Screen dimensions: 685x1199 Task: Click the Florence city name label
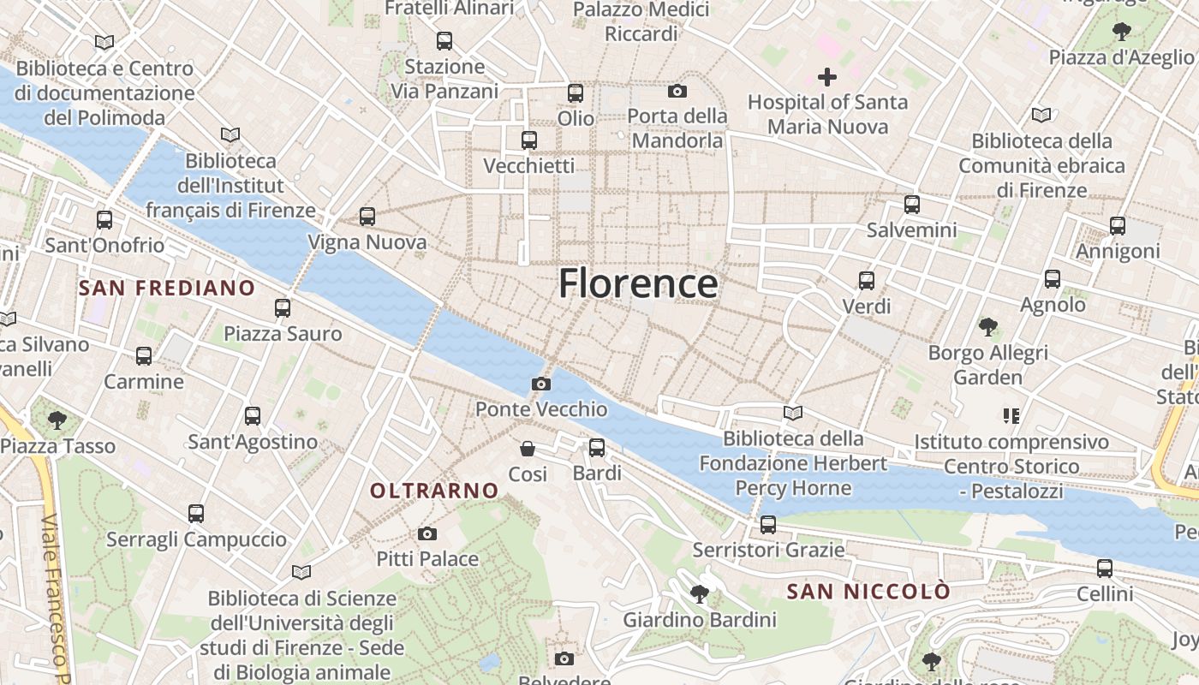[x=638, y=283]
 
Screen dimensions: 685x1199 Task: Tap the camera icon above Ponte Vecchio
[x=541, y=384]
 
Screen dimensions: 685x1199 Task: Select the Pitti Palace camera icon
[x=427, y=533]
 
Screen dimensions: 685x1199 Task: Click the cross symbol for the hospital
[x=826, y=77]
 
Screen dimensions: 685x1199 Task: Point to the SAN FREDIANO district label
[x=167, y=288]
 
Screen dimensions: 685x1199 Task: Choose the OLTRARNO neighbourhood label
[x=434, y=491]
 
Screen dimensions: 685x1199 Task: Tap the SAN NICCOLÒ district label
[x=868, y=592]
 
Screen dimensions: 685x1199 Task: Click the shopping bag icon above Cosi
[x=528, y=449]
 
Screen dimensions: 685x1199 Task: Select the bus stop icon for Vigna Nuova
[x=367, y=217]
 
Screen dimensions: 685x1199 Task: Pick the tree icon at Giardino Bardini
[x=700, y=593]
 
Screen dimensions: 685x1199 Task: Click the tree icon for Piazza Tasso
[x=57, y=420]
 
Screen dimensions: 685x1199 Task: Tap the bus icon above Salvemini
[x=912, y=205]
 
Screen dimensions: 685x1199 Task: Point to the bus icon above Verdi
[x=867, y=280]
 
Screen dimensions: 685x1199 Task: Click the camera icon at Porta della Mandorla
[x=677, y=91]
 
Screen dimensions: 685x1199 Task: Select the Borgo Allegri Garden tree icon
[x=987, y=326]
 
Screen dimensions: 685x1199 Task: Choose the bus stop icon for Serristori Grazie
[x=768, y=524]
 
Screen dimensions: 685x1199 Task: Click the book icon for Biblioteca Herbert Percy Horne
[x=793, y=413]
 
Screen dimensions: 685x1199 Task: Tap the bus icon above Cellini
[x=1105, y=568]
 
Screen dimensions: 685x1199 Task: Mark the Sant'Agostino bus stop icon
[x=253, y=416]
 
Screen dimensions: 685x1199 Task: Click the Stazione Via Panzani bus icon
[x=444, y=40]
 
